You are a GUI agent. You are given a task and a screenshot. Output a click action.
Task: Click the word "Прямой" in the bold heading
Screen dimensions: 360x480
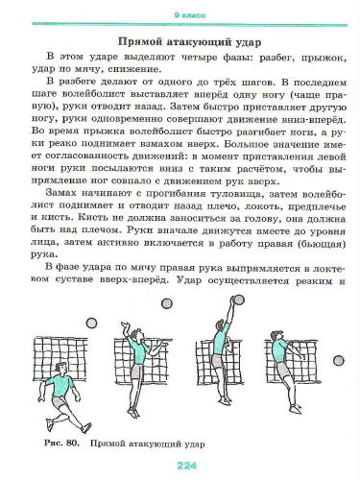(x=137, y=42)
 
